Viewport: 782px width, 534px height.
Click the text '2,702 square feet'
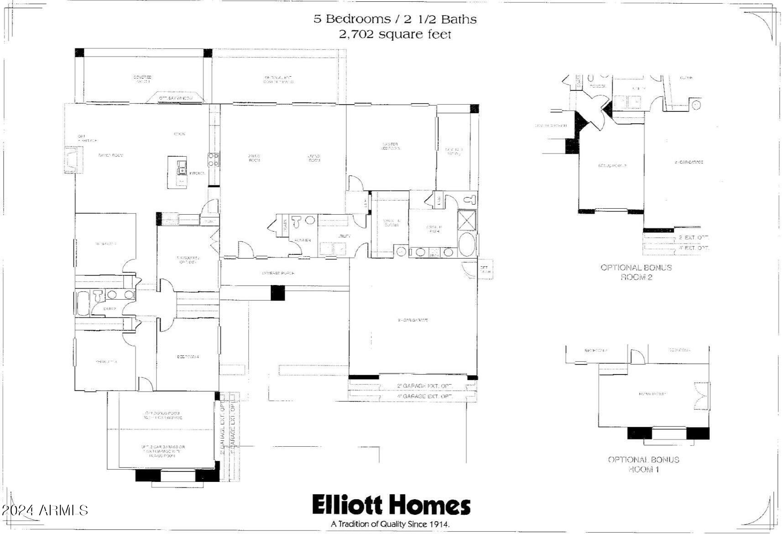coord(395,34)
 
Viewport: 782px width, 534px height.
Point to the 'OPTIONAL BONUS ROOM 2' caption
coord(636,272)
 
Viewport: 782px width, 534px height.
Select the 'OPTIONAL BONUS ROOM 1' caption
coord(643,465)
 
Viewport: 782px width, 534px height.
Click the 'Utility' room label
coord(344,236)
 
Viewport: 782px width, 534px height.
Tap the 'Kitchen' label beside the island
coord(198,174)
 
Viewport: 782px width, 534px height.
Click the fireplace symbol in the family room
coord(73,160)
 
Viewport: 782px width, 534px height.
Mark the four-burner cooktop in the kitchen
coord(213,159)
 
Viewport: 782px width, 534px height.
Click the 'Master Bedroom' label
coord(391,146)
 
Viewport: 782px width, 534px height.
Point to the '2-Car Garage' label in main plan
coord(412,320)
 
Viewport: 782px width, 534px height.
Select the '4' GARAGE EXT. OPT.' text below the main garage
coord(424,397)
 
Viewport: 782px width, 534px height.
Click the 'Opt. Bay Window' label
coord(176,98)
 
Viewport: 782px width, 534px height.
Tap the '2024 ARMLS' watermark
coord(44,510)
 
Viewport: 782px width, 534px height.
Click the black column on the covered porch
coord(277,292)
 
